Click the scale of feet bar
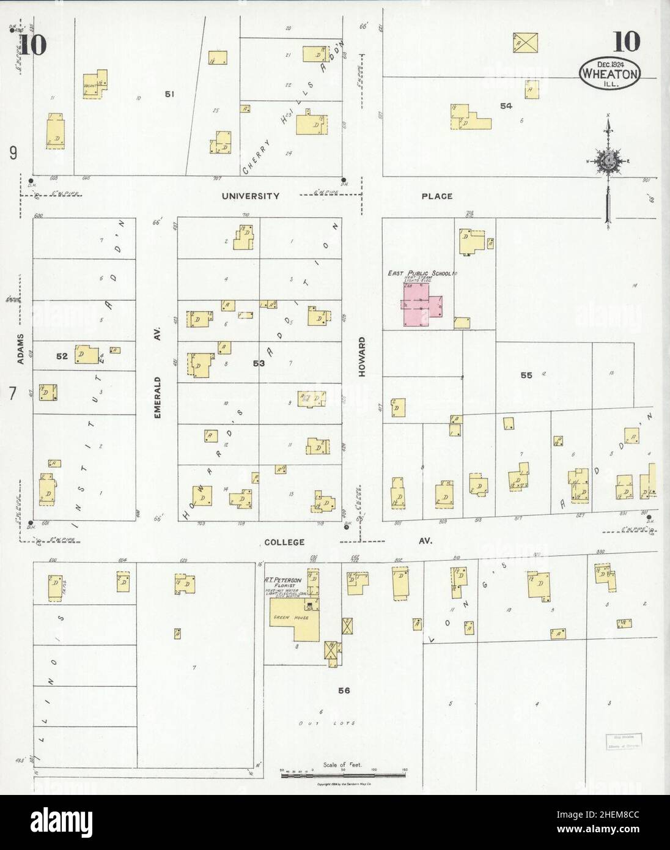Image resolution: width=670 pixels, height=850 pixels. [x=344, y=775]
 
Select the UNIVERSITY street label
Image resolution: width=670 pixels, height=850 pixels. [x=251, y=196]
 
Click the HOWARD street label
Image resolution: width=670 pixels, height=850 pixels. [x=361, y=356]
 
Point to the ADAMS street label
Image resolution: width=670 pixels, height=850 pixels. [x=21, y=349]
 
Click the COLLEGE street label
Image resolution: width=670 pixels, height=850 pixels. [x=284, y=542]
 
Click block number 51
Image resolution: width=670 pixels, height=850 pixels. [x=169, y=94]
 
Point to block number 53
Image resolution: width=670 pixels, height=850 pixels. [x=259, y=364]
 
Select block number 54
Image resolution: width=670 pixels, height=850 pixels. [x=506, y=106]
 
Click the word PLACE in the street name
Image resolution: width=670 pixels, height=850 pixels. [x=436, y=196]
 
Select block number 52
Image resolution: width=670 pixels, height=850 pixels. [x=62, y=355]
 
